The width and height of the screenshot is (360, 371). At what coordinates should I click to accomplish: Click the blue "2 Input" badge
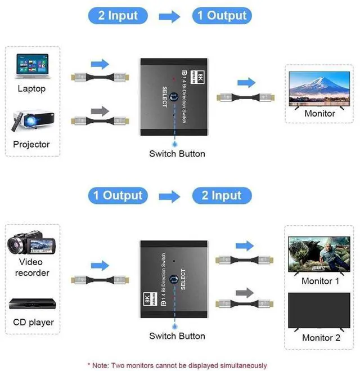click(x=118, y=15)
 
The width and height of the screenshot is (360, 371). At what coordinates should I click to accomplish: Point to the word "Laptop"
click(x=31, y=88)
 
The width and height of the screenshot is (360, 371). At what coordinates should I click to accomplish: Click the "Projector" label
click(x=31, y=144)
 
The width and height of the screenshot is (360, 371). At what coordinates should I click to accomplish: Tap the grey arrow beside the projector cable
click(x=99, y=111)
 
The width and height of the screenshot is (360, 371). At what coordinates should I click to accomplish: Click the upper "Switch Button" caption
click(x=177, y=154)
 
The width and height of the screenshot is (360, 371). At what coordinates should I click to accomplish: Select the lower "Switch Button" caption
click(x=177, y=336)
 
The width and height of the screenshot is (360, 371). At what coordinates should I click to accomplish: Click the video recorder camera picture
click(x=31, y=244)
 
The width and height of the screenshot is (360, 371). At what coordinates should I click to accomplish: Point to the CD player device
click(x=33, y=303)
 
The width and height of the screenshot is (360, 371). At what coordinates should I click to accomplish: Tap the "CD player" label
click(x=33, y=323)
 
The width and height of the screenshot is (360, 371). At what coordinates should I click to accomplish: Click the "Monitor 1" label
click(x=321, y=281)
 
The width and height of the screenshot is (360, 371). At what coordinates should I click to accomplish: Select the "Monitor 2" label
click(x=321, y=338)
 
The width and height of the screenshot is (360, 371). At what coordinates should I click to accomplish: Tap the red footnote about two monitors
click(x=177, y=365)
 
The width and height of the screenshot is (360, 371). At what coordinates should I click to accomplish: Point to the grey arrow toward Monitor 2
click(x=243, y=293)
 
